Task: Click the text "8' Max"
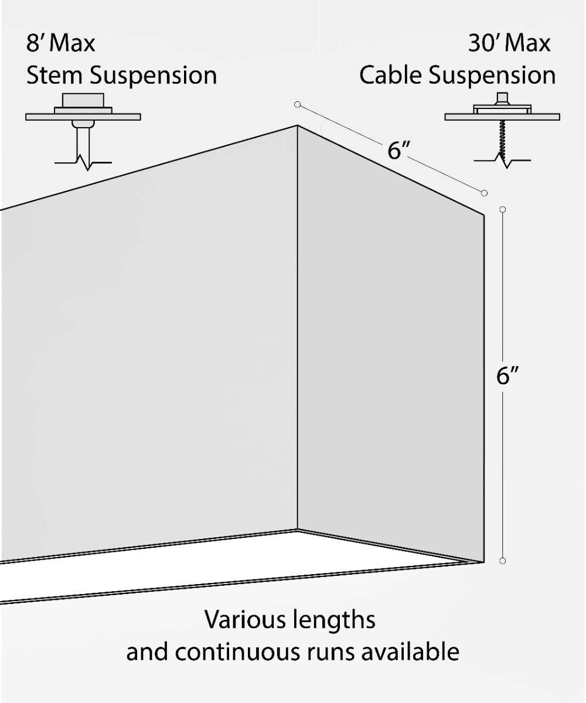point(60,43)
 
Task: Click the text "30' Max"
point(509,43)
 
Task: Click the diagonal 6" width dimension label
point(398,151)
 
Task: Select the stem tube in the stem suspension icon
point(83,141)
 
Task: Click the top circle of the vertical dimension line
point(502,209)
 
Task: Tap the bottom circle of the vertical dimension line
point(502,561)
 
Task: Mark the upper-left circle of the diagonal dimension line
point(298,105)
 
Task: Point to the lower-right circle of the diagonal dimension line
point(484,193)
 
